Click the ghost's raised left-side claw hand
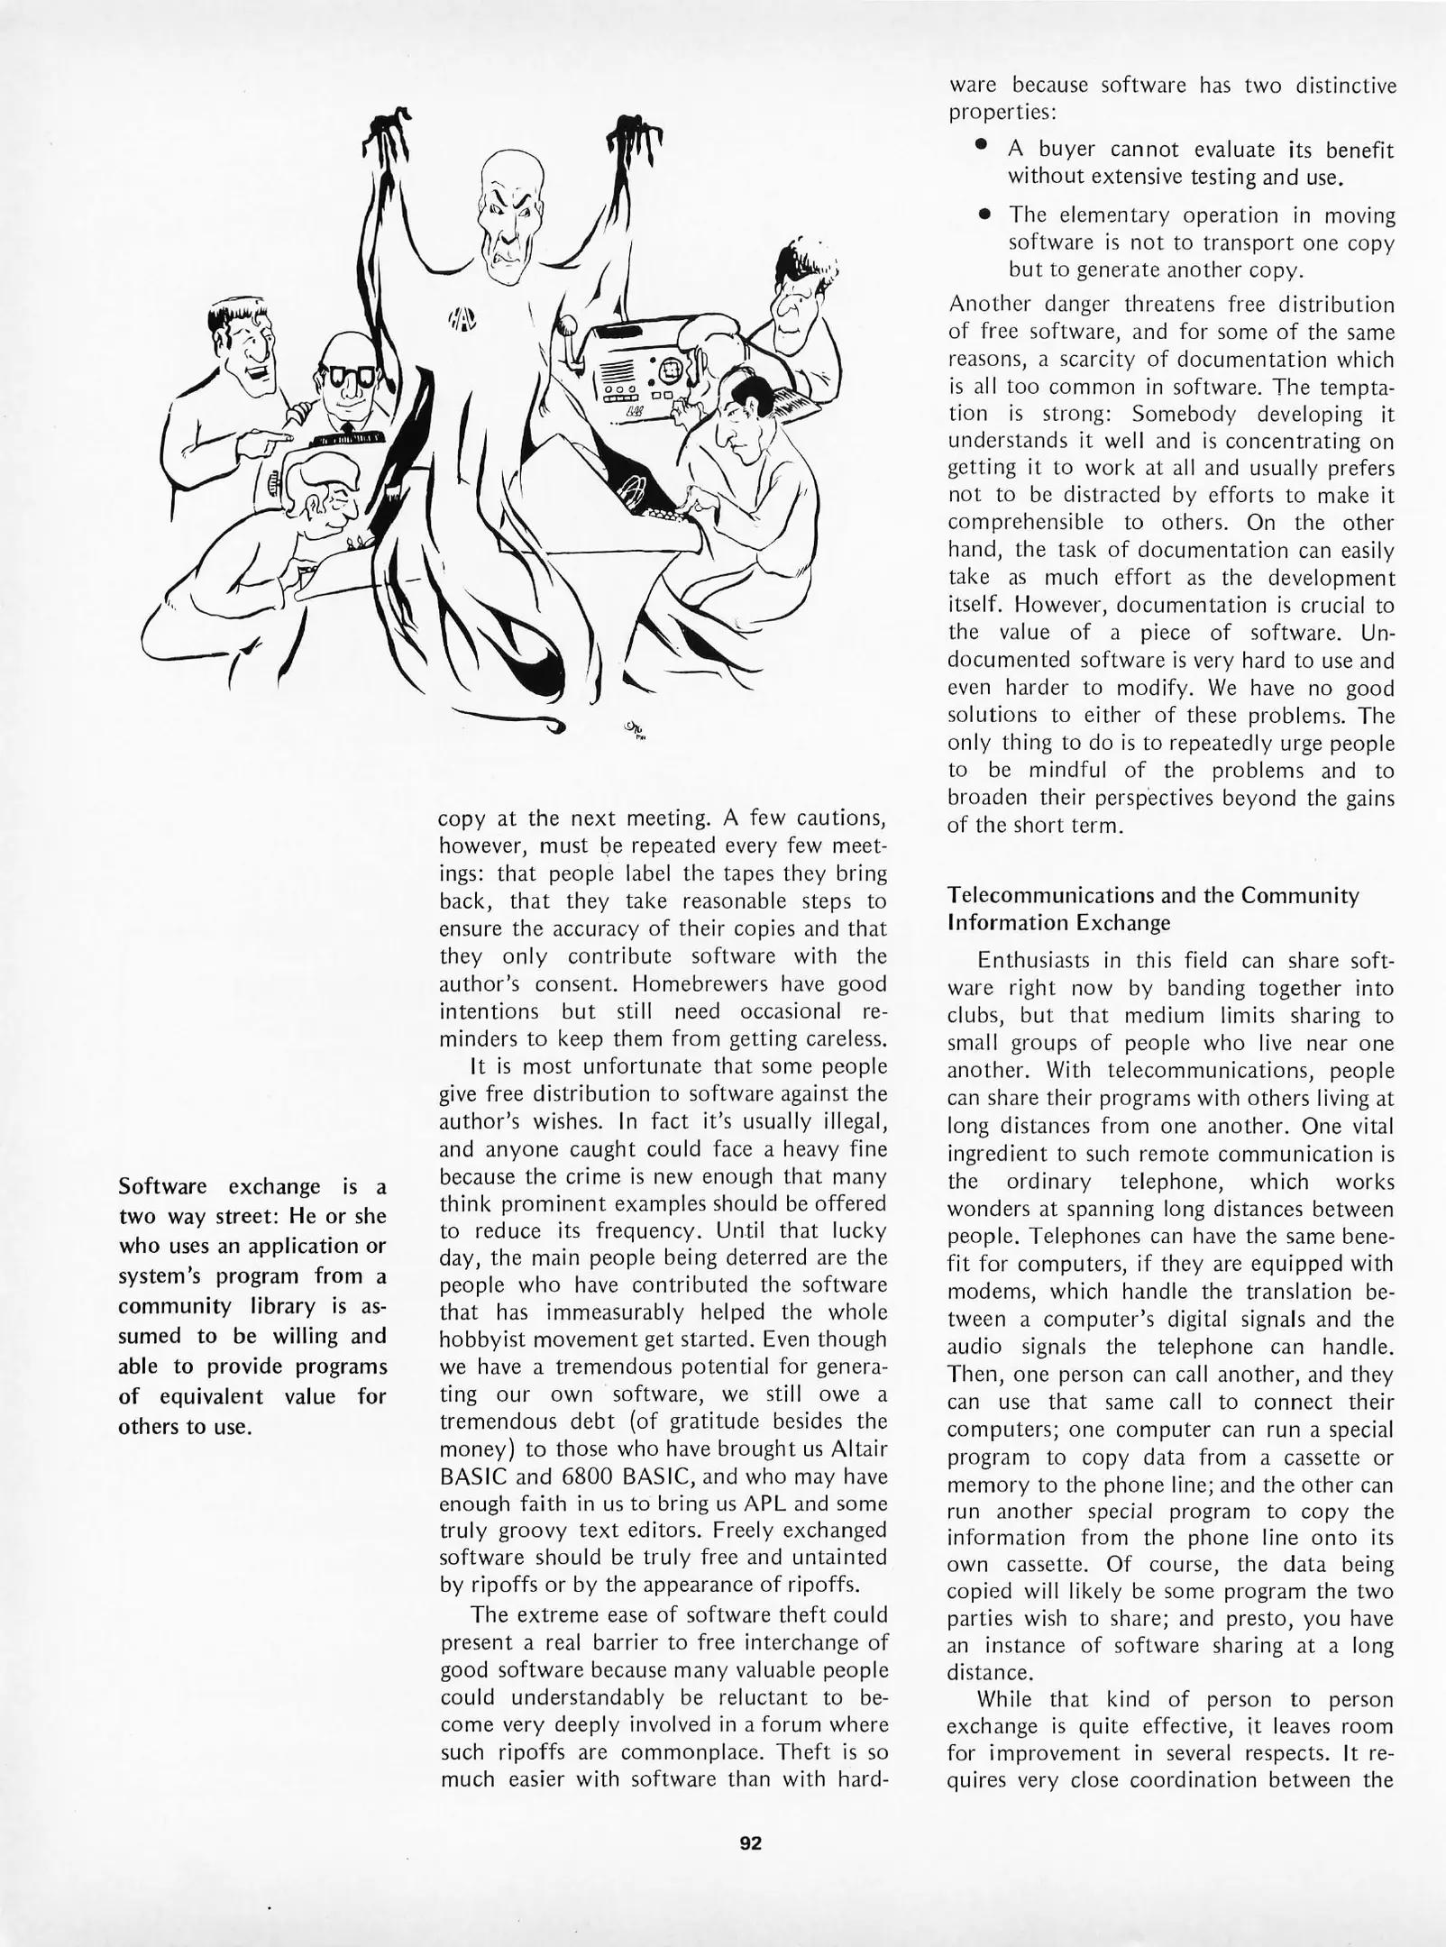tap(389, 135)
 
